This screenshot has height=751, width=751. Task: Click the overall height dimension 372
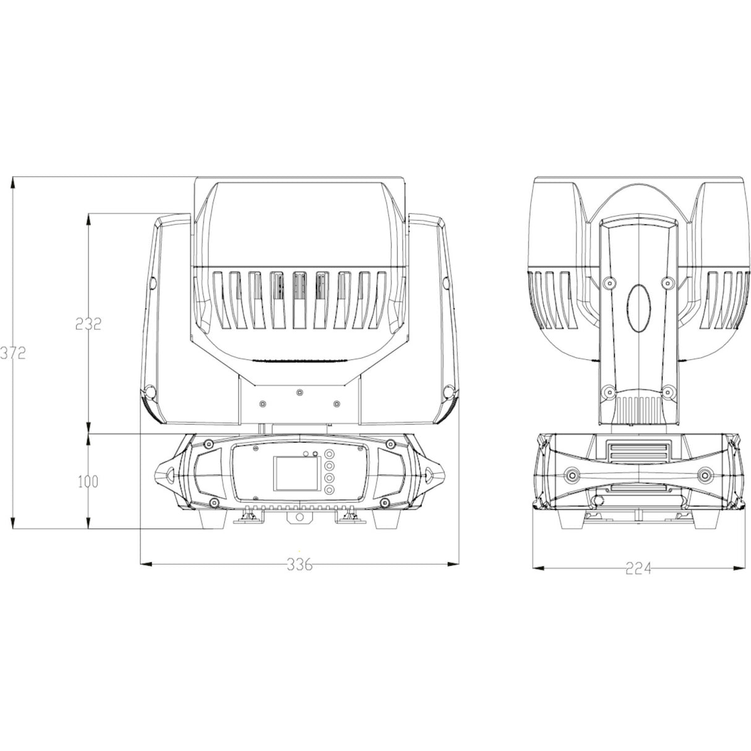[x=12, y=353]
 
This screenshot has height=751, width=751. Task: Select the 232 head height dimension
[x=88, y=324]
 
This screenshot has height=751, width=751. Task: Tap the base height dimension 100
[x=88, y=481]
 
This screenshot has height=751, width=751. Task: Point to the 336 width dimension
[x=300, y=564]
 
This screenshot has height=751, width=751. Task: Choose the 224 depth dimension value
[x=638, y=569]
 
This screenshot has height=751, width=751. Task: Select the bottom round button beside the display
[x=328, y=490]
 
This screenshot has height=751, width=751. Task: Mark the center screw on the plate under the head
[x=300, y=392]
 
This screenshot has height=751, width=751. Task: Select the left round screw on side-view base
[x=572, y=474]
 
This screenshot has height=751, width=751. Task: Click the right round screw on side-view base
[x=705, y=474]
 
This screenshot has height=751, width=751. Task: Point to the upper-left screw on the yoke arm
[x=609, y=283]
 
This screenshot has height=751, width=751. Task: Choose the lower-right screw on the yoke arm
[x=667, y=391]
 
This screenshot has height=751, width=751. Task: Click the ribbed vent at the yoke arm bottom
[x=638, y=409]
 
